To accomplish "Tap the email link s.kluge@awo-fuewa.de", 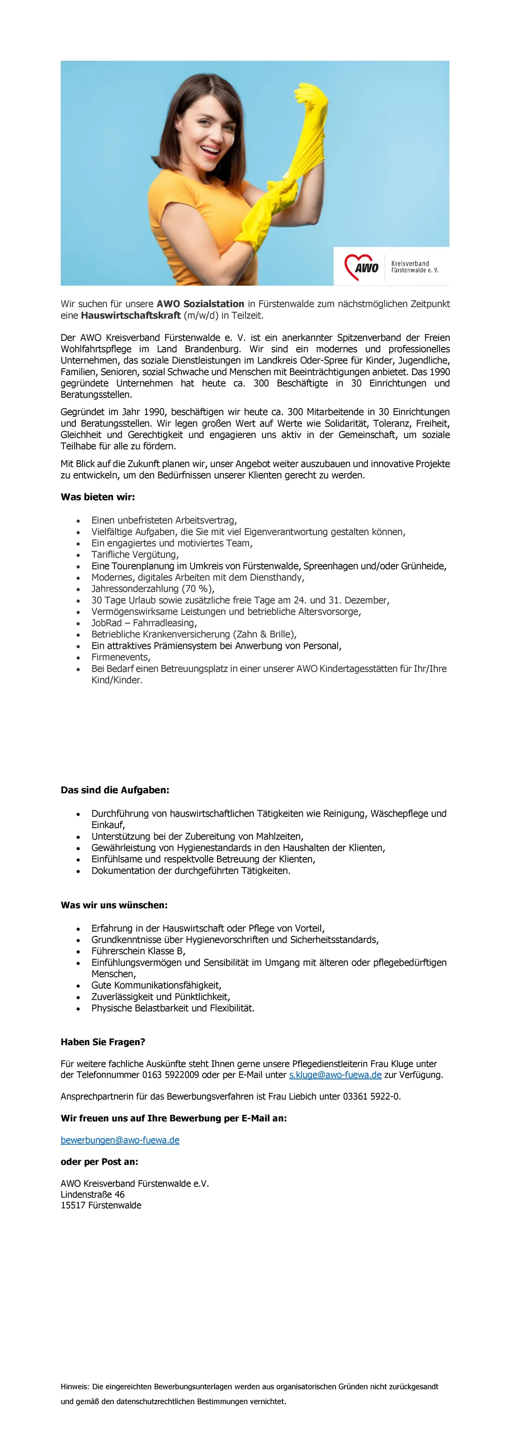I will click(x=335, y=1075).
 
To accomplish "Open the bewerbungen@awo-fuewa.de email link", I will click(x=120, y=1140).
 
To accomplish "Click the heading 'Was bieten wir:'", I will click(x=98, y=497).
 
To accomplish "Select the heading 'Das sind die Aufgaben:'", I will click(x=115, y=790).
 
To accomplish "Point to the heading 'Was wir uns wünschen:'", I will click(x=114, y=905).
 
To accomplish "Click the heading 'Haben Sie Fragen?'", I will click(x=103, y=1042).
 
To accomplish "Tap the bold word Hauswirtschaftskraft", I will click(x=131, y=315).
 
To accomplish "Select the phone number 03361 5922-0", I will click(x=371, y=1096).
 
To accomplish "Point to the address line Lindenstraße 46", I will click(x=92, y=1195).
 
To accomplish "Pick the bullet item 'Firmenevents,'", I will click(x=121, y=657).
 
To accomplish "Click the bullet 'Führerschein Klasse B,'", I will click(x=138, y=951).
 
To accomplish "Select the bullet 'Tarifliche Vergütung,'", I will click(x=135, y=554).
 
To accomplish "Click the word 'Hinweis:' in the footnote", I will click(x=75, y=1386).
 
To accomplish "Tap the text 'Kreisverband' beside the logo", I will click(x=410, y=263).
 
